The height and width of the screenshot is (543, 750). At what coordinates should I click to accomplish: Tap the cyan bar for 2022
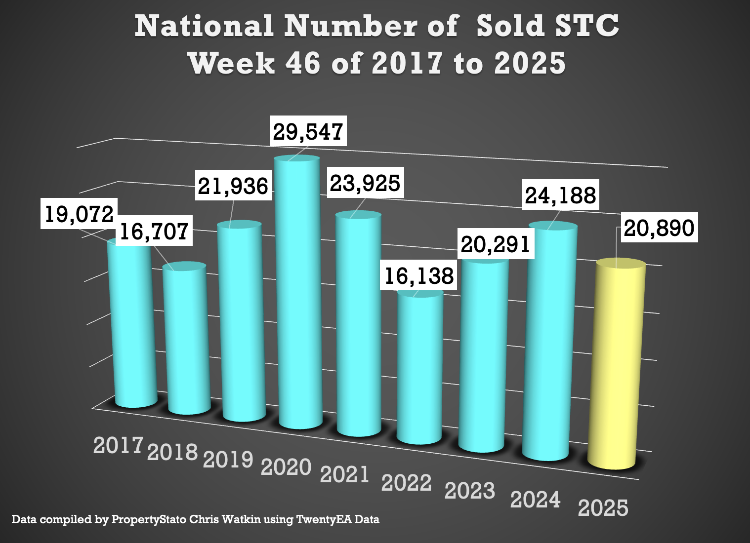point(419,368)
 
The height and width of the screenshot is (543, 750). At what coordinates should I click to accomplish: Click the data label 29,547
point(308,131)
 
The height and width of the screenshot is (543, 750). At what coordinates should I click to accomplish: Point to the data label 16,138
point(419,275)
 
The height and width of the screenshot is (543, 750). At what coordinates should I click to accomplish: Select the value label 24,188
point(561,195)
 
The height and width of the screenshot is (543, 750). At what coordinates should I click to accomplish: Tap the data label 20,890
point(659,228)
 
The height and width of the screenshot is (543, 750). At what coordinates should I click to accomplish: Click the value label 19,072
point(79,214)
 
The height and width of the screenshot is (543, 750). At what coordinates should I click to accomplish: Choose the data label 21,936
point(233,186)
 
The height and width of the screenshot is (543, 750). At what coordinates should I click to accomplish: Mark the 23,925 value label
point(365,183)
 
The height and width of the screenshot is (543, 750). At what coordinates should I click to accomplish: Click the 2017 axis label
point(118,445)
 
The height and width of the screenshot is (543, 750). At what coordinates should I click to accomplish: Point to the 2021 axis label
point(345,474)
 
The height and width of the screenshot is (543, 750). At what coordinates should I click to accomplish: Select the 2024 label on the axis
point(536,500)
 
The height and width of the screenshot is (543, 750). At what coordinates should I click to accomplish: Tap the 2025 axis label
point(603,508)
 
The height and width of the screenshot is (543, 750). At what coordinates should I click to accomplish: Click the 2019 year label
point(228,459)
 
